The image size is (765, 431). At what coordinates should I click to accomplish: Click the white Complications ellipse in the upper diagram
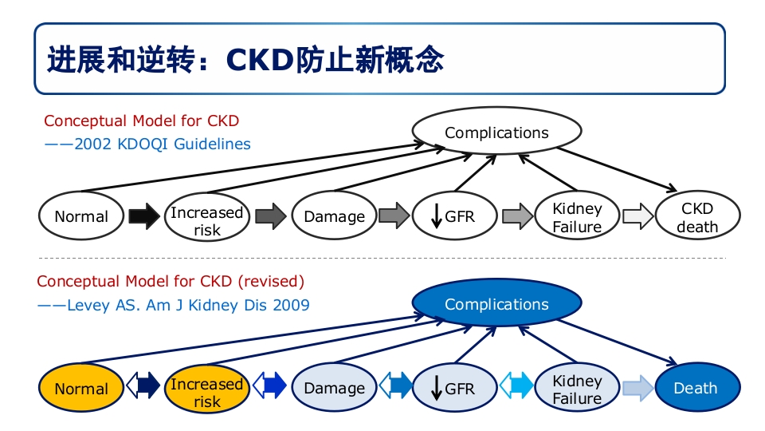(x=496, y=132)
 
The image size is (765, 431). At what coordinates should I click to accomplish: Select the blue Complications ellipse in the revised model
(x=496, y=304)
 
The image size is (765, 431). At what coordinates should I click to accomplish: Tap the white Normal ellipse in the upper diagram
(x=81, y=216)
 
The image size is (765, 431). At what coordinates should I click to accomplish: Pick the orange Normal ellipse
(x=81, y=389)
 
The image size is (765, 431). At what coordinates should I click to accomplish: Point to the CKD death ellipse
(x=697, y=217)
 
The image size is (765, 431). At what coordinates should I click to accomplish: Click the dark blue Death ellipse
(x=696, y=389)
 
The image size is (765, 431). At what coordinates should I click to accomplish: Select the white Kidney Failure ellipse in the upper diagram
(x=577, y=217)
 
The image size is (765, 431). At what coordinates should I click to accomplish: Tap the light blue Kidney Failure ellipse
(x=577, y=389)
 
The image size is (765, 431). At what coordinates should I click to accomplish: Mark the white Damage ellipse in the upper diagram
(x=334, y=216)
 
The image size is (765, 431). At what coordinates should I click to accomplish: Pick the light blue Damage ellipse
(x=334, y=389)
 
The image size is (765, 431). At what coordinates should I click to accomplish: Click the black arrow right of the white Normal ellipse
(x=144, y=216)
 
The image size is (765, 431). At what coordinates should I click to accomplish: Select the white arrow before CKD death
(x=637, y=216)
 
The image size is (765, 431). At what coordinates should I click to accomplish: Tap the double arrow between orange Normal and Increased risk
(x=143, y=388)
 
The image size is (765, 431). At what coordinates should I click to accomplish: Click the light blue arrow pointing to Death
(x=637, y=389)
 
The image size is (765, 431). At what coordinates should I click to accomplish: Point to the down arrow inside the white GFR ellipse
(x=436, y=216)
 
